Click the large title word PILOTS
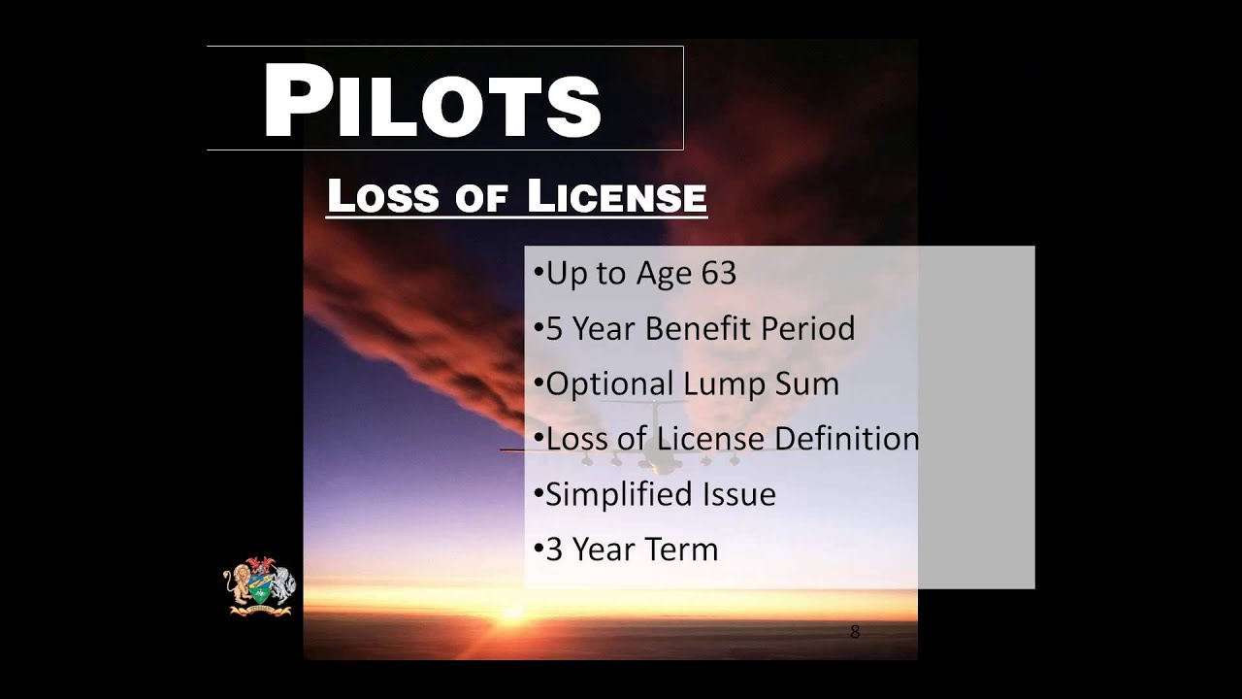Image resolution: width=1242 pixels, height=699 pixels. (x=432, y=101)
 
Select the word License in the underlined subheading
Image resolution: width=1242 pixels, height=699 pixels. (x=617, y=197)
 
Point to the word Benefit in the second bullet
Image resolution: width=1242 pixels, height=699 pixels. (x=699, y=329)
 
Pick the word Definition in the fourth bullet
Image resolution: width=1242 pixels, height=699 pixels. (x=844, y=439)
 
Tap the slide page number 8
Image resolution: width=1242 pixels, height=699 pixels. (x=855, y=632)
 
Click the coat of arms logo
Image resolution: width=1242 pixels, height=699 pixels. (x=259, y=585)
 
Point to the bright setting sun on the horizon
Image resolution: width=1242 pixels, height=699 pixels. (x=511, y=613)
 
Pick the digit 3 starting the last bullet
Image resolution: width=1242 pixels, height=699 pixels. (x=554, y=549)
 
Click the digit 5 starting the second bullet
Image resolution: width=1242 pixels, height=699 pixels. (x=554, y=329)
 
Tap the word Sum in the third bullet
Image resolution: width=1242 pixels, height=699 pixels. (x=806, y=384)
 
